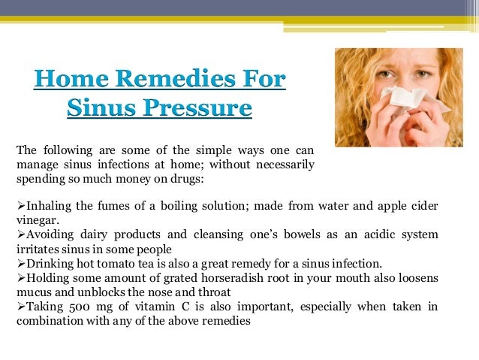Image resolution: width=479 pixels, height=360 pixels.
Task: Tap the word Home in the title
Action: click(71, 80)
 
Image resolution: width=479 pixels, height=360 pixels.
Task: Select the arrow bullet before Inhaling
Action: click(20, 206)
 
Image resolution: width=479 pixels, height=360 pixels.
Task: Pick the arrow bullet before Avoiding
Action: click(20, 235)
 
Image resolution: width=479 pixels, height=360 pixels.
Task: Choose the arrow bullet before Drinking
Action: click(20, 264)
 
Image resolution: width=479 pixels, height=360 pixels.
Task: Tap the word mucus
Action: click(33, 292)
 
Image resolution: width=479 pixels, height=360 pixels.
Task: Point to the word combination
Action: click(49, 321)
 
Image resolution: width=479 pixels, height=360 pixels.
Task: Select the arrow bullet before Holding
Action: click(20, 278)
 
